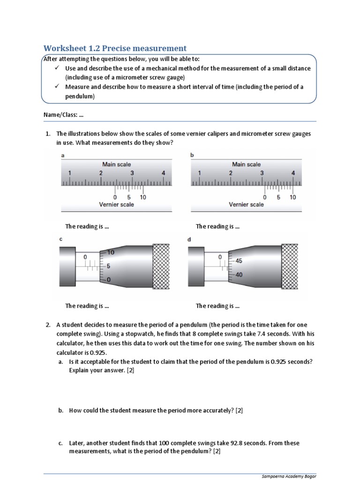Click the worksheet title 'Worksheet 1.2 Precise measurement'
click(115, 48)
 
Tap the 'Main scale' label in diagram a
click(117, 164)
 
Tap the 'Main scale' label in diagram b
click(246, 164)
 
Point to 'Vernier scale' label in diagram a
click(116, 204)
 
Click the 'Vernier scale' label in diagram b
click(246, 204)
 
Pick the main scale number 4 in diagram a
click(163, 173)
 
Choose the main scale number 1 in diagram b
click(199, 173)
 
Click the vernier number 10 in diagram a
click(143, 197)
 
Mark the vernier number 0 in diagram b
click(265, 197)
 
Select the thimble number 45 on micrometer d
click(239, 261)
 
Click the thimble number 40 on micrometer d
click(239, 275)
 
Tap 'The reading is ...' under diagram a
click(87, 226)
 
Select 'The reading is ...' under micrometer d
click(217, 306)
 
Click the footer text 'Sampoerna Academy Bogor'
click(289, 476)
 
